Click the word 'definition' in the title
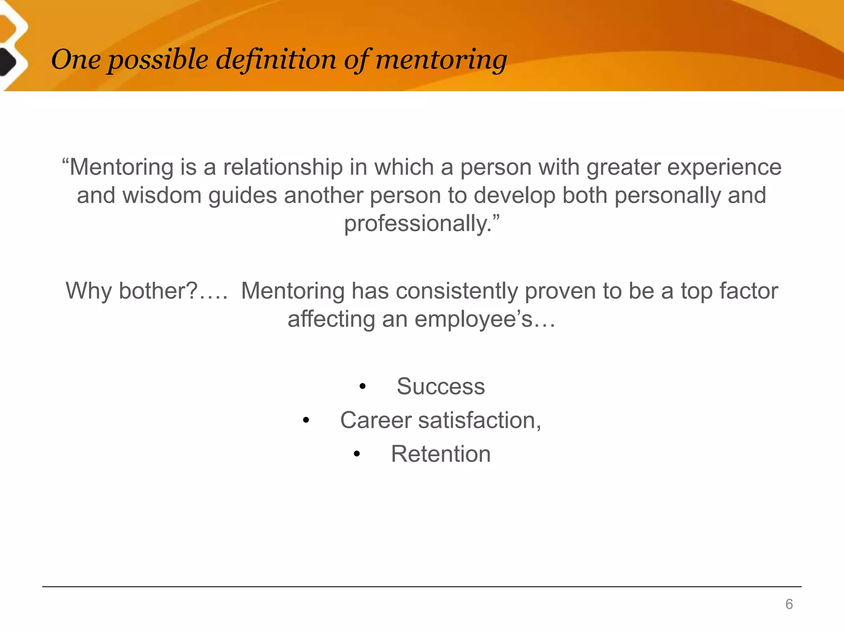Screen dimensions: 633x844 coord(277,60)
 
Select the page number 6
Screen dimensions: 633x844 coord(789,604)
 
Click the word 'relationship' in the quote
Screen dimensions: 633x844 coord(283,167)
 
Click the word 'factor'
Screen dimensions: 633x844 coord(748,291)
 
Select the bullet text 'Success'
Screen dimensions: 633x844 coord(441,387)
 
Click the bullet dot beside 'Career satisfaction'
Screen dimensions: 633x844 coord(305,421)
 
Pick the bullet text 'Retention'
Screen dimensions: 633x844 coord(441,454)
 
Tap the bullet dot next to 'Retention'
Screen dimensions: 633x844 coord(357,455)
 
